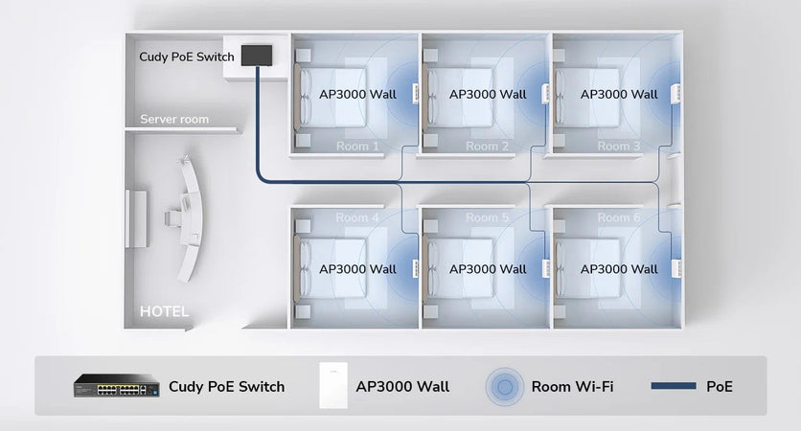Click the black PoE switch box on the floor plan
pos(257,55)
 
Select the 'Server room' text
pos(174,120)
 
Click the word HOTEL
pos(165,311)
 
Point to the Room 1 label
pos(357,147)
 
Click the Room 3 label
pos(619,147)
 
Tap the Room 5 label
pos(488,217)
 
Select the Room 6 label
pos(619,217)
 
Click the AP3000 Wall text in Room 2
pos(488,95)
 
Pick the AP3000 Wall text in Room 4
pos(357,269)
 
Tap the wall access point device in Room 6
pos(677,267)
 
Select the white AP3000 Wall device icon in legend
pos(331,387)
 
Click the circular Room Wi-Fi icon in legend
pos(504,387)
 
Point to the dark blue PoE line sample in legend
pos(673,387)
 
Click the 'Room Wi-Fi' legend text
pos(573,387)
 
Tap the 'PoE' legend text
pos(720,387)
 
